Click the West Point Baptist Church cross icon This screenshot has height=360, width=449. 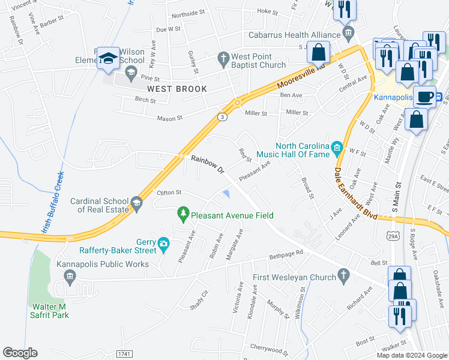[223, 58]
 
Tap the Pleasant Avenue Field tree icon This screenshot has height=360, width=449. [183, 213]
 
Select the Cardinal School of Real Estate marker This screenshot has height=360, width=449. [136, 204]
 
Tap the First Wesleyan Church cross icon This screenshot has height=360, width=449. [343, 276]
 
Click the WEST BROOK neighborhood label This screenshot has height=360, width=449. [177, 89]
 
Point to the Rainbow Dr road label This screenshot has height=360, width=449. [207, 165]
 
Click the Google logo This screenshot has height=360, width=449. [20, 353]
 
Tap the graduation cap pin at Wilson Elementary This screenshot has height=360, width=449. [108, 59]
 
